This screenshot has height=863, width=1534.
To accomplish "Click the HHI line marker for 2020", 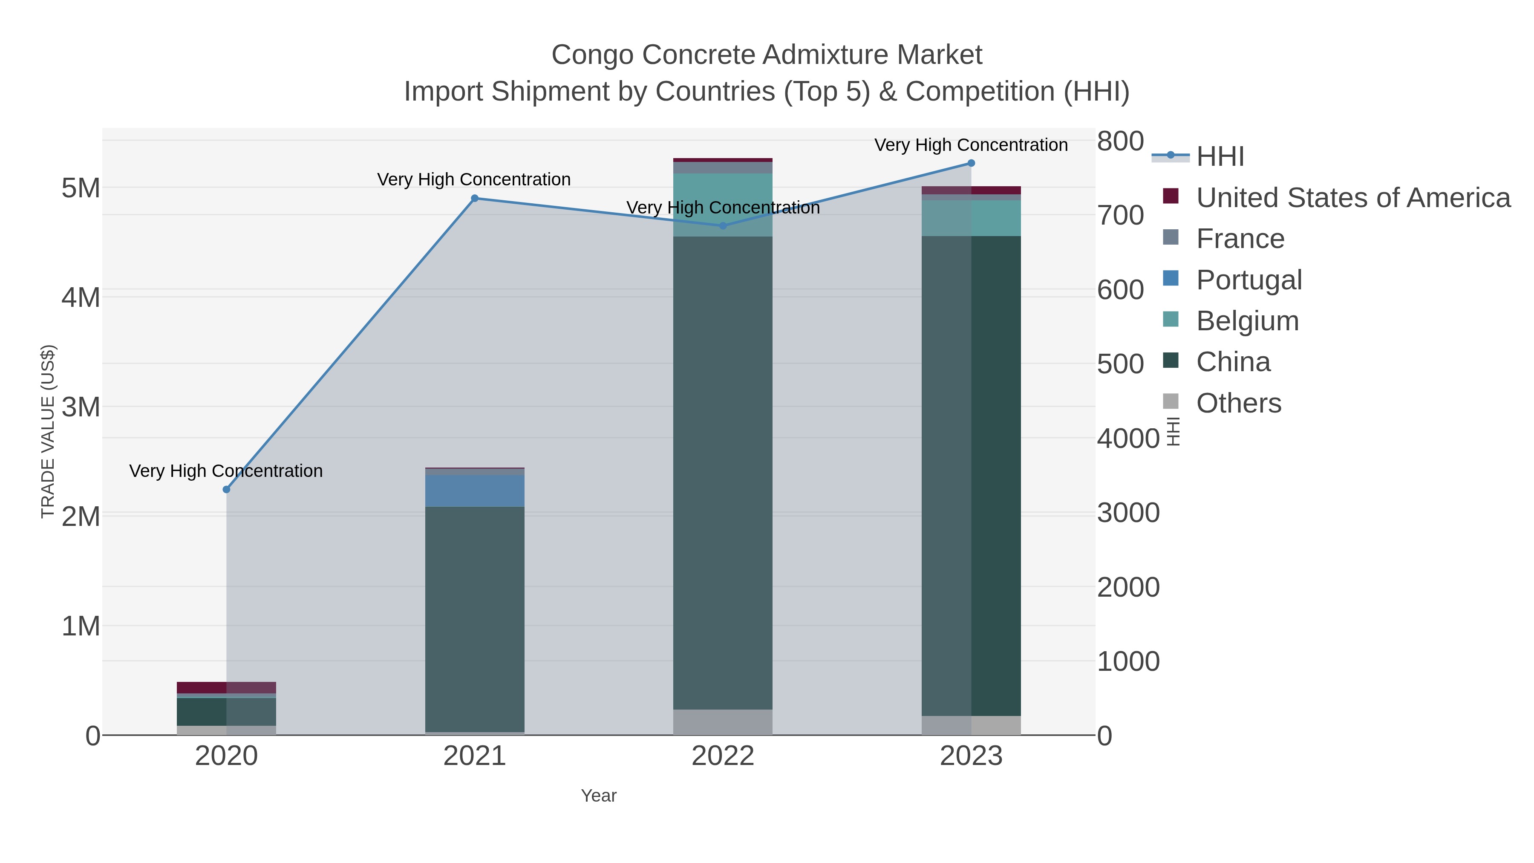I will pyautogui.click(x=226, y=490).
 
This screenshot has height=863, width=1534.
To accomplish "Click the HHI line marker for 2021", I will pyautogui.click(x=475, y=198).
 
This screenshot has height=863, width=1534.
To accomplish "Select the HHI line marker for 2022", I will pyautogui.click(x=723, y=226).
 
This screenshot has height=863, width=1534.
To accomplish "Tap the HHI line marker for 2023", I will pyautogui.click(x=971, y=163).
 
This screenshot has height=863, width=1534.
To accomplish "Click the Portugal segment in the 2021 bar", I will pyautogui.click(x=475, y=491).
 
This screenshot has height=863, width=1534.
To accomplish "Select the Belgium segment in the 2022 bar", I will pyautogui.click(x=723, y=205).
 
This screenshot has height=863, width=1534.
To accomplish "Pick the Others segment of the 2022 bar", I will pyautogui.click(x=723, y=722).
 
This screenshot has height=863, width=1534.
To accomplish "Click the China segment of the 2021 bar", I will pyautogui.click(x=475, y=619).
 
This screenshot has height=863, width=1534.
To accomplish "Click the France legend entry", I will pyautogui.click(x=1240, y=239).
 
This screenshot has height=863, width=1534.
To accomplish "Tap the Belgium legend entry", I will pyautogui.click(x=1247, y=321).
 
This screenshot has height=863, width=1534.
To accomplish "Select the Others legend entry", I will pyautogui.click(x=1238, y=403).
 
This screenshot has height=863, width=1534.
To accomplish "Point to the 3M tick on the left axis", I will pyautogui.click(x=81, y=407).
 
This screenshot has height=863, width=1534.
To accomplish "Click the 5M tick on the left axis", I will pyautogui.click(x=81, y=188).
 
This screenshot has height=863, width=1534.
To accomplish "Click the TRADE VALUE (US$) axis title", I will pyautogui.click(x=48, y=431).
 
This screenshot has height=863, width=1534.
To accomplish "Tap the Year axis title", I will pyautogui.click(x=599, y=796).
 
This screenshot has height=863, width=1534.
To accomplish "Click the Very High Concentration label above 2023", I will pyautogui.click(x=971, y=145).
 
